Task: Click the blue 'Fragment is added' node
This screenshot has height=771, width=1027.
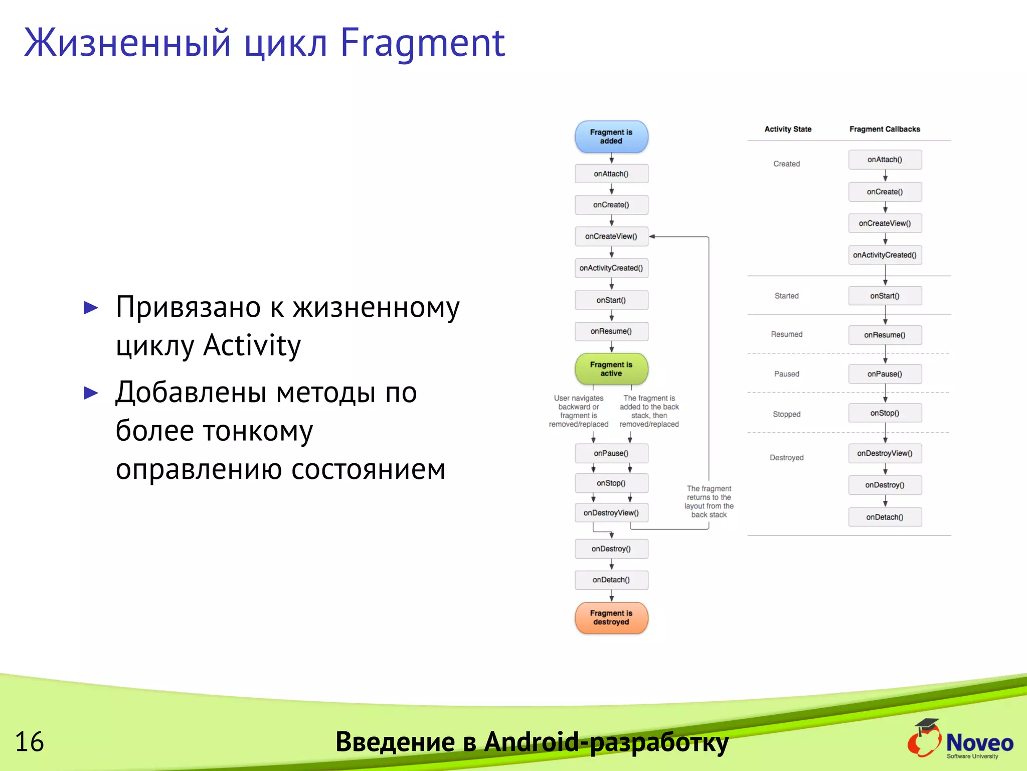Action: coord(611,137)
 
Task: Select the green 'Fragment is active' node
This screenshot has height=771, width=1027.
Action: coord(611,369)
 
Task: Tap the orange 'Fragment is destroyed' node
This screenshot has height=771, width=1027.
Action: coord(611,617)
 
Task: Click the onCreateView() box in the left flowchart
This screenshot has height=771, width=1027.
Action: coord(611,236)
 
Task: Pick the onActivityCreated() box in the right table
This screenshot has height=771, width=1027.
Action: coord(885,255)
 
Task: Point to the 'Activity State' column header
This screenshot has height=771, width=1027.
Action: coord(787,129)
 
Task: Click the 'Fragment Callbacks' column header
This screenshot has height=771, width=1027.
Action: coord(885,129)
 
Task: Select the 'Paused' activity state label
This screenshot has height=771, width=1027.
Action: coord(786,374)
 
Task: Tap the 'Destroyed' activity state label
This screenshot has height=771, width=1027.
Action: coord(786,458)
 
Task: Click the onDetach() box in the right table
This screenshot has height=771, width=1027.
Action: coord(885,517)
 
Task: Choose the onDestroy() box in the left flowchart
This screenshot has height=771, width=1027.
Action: coord(611,549)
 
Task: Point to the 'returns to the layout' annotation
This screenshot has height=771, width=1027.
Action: coord(709,501)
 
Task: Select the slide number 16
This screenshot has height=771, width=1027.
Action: coord(29,742)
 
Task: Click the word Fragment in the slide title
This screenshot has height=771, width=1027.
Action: coord(422,43)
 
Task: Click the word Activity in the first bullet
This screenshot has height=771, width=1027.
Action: coord(252,345)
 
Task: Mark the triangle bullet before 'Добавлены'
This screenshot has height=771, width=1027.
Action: coord(91,393)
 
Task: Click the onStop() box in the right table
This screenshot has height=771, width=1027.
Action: coord(885,413)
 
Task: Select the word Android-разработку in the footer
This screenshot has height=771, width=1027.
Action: coord(606,742)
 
